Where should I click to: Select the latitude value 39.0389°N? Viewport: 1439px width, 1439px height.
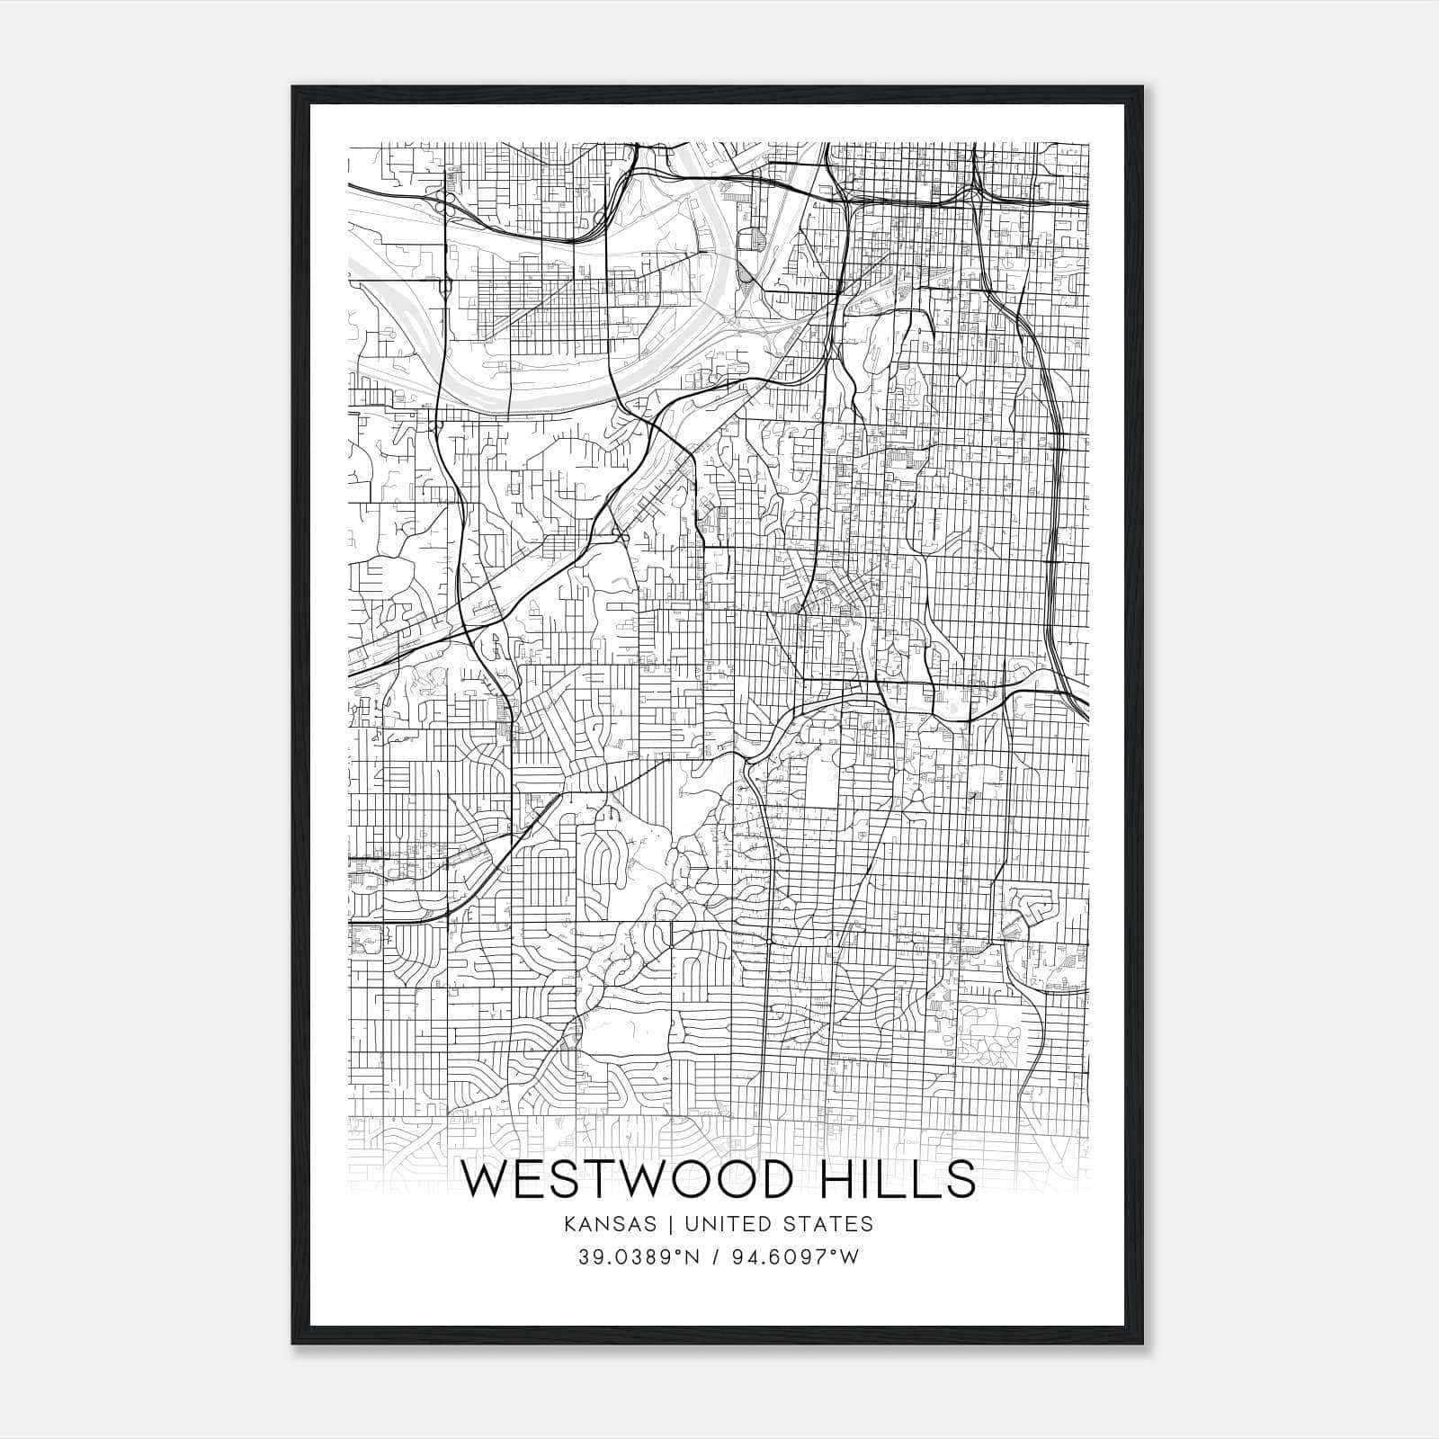639,1256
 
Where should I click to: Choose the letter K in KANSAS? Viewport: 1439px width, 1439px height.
571,1224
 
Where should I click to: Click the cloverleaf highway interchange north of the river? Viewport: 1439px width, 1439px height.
442,203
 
